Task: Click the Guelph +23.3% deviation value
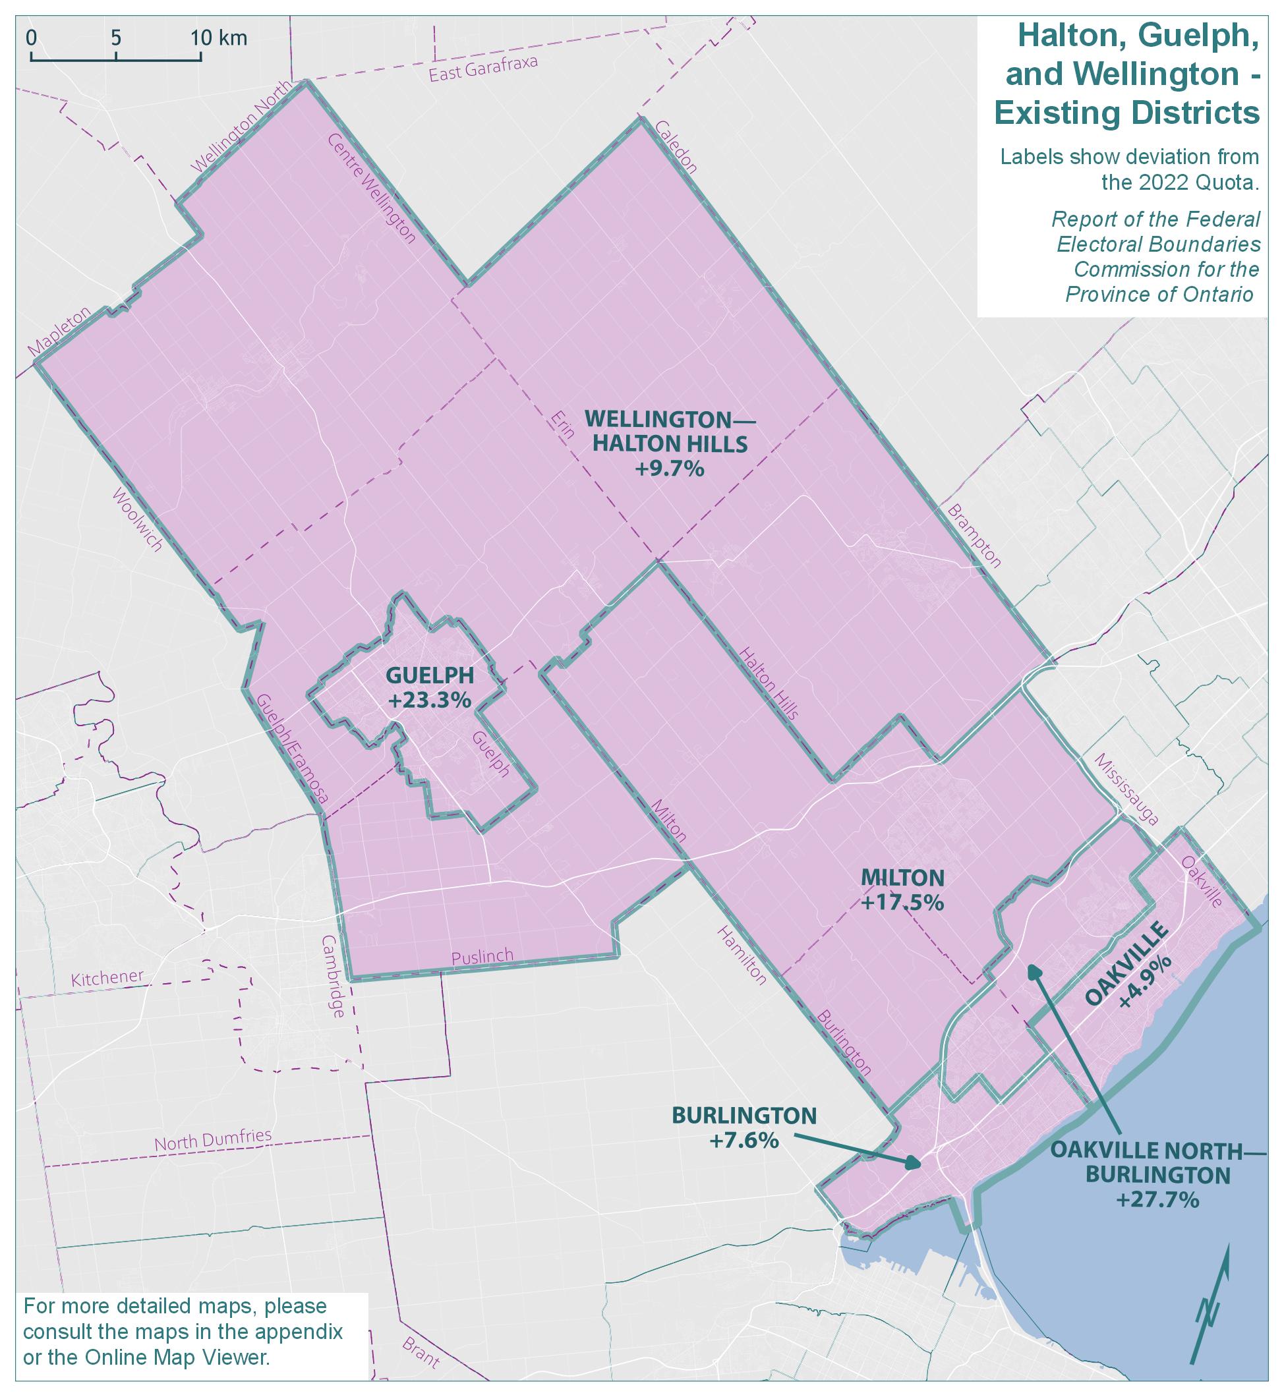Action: point(429,700)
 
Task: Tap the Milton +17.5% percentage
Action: point(902,902)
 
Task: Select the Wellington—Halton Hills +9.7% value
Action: point(668,469)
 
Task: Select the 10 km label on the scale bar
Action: point(219,38)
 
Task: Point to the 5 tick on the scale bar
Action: point(116,38)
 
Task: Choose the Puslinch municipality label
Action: point(482,957)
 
